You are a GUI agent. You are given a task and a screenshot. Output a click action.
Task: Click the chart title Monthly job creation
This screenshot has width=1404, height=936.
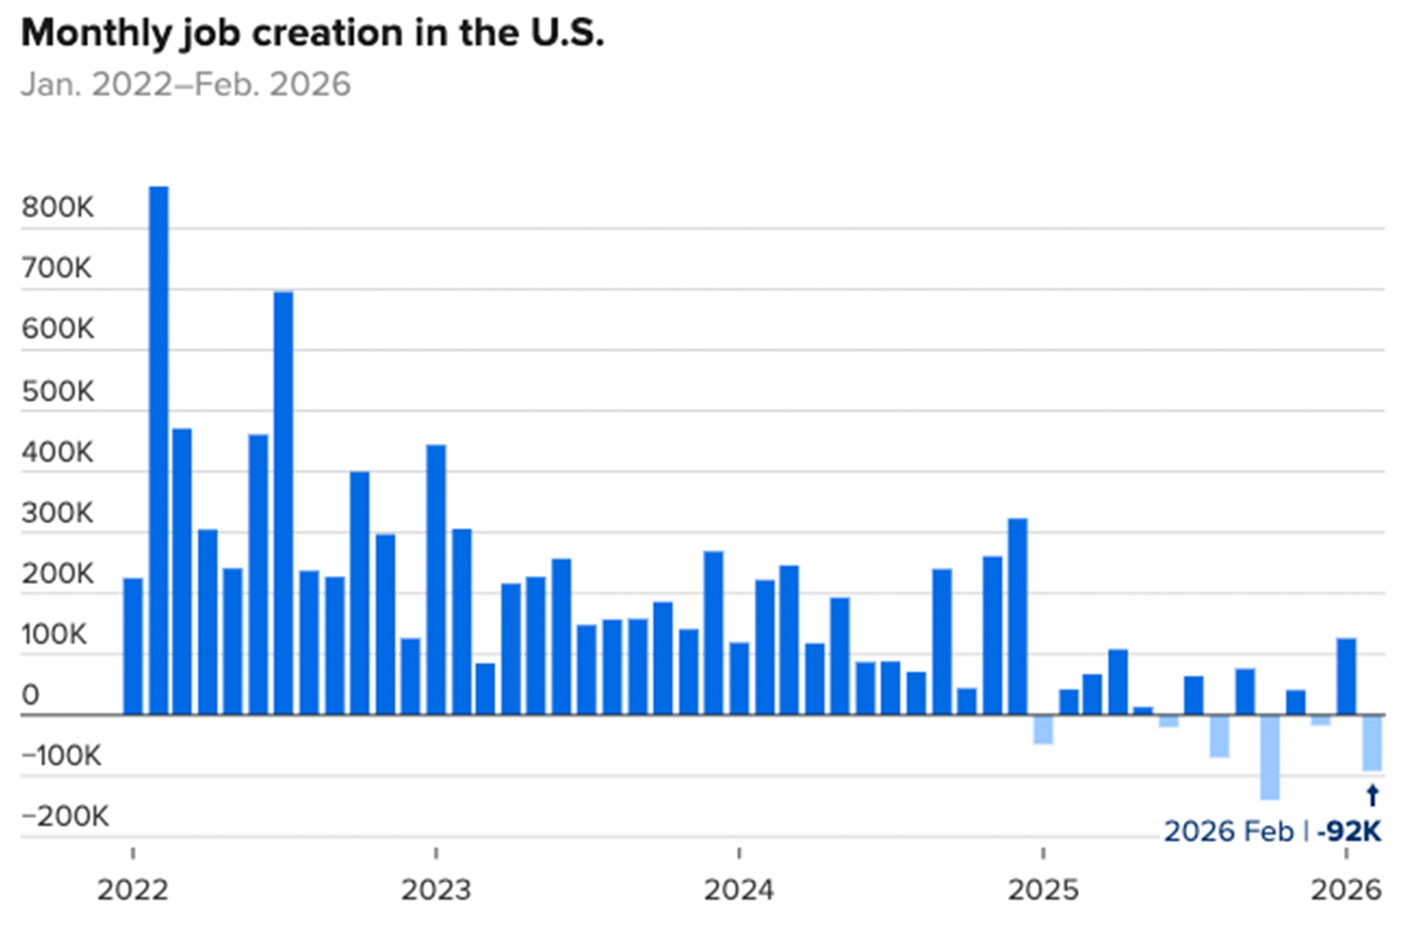pos(312,33)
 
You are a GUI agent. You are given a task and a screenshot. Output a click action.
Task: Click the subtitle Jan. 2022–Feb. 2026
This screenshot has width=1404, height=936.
pos(185,85)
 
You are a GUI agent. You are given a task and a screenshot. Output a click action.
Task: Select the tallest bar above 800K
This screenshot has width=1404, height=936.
pos(159,451)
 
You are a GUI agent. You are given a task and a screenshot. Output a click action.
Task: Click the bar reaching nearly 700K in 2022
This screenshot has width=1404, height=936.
pos(283,503)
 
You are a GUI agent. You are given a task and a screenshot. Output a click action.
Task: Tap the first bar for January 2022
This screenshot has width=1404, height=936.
pos(133,647)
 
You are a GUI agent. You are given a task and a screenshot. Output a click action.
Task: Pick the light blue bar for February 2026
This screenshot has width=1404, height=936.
pos(1372,743)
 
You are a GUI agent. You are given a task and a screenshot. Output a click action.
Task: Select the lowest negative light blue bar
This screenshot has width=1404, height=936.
pos(1270,757)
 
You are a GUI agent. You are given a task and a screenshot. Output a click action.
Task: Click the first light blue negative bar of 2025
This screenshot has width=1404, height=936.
pos(1043,730)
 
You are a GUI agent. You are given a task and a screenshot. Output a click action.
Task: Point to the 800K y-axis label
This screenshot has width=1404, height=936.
pos(57,208)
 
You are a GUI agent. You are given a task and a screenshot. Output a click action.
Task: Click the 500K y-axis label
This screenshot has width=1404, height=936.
pos(57,392)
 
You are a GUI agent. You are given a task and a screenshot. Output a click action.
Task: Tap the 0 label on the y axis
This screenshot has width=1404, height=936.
pos(30,695)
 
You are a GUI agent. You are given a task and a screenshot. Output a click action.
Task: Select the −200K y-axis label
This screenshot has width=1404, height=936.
pos(65,816)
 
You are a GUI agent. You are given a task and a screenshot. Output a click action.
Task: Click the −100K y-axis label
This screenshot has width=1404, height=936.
pos(61,756)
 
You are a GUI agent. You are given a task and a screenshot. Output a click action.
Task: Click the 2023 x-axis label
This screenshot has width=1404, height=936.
pos(435,890)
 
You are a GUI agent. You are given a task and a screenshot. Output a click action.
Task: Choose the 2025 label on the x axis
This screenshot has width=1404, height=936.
pos(1043,890)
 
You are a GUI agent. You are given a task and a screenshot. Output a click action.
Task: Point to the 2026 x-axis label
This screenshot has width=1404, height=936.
pos(1346,890)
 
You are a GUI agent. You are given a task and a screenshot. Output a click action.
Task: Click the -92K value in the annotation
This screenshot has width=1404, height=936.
pos(1349,831)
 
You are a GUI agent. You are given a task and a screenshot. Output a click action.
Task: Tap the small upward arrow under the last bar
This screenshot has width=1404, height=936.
pos(1372,795)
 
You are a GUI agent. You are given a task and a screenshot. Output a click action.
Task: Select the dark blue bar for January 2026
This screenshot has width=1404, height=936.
pos(1346,677)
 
